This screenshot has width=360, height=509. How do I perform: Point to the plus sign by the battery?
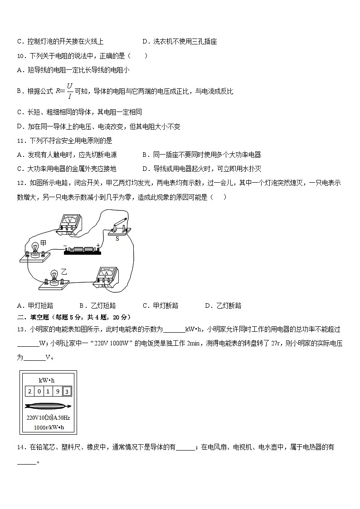(98, 245)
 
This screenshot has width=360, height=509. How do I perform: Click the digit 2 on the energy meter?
(29, 391)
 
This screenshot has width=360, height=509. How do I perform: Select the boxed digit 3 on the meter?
(66, 391)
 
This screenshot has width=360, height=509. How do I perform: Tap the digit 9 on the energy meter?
(57, 391)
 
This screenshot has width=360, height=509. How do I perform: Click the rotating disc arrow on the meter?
(48, 406)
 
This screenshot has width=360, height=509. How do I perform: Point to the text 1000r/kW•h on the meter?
(48, 427)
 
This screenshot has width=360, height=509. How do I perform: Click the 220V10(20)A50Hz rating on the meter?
(48, 418)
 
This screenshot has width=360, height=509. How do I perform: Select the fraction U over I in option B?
(69, 91)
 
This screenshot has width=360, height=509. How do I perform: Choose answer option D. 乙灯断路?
(223, 305)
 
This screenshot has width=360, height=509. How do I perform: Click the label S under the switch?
(117, 238)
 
